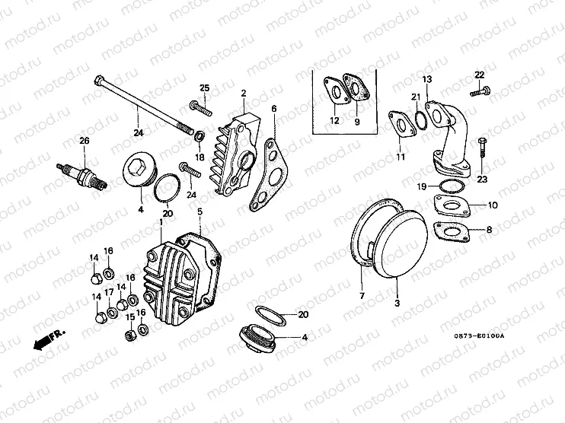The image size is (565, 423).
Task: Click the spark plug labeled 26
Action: pyautogui.click(x=84, y=173)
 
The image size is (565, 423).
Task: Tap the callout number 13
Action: pyautogui.click(x=427, y=79)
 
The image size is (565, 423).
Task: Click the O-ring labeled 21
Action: pyautogui.click(x=418, y=119)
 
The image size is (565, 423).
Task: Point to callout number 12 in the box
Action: pyautogui.click(x=334, y=120)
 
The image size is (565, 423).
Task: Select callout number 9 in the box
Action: pyautogui.click(x=356, y=120)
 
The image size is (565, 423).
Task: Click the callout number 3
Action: pyautogui.click(x=396, y=304)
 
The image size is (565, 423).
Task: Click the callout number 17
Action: pyautogui.click(x=110, y=293)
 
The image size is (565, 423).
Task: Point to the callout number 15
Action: pyautogui.click(x=130, y=317)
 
